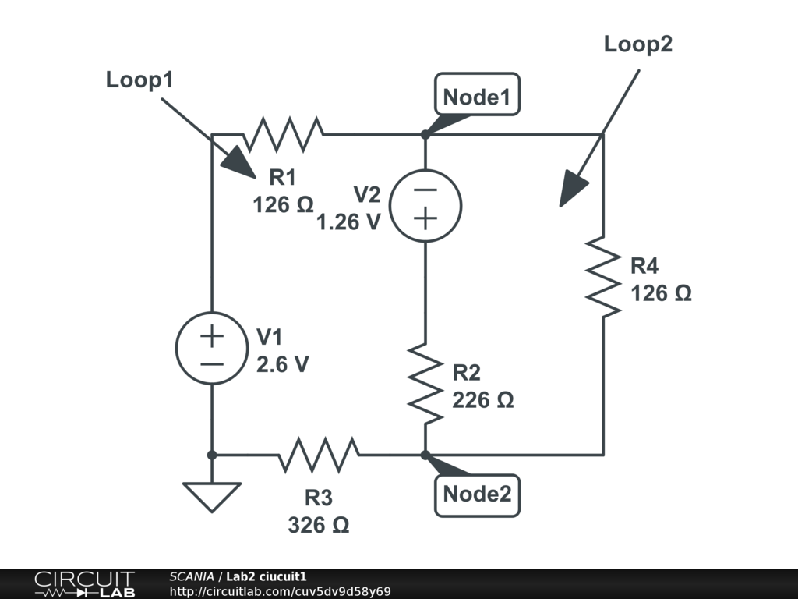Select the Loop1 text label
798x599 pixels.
[x=139, y=80]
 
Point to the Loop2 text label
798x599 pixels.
[x=638, y=44]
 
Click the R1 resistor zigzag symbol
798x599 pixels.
[x=283, y=134]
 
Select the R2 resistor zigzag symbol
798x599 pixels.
[x=425, y=384]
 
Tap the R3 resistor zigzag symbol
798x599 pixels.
[x=319, y=455]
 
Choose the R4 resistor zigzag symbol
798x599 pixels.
[x=603, y=277]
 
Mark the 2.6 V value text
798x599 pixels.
[x=282, y=365]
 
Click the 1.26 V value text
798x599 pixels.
[x=348, y=222]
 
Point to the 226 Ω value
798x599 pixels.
[x=483, y=400]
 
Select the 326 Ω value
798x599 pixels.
[x=319, y=525]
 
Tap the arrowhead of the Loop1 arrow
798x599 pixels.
[x=239, y=163]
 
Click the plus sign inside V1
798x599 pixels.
[x=212, y=336]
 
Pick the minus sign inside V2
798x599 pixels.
[x=425, y=190]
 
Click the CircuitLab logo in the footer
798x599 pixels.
[x=84, y=584]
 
